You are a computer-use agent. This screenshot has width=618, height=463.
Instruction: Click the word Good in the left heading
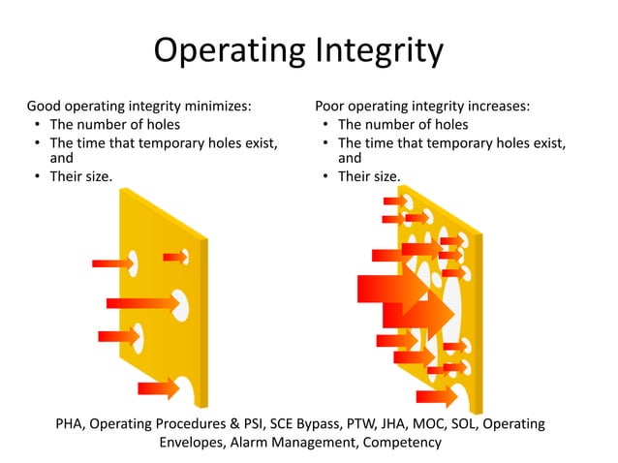tap(45, 106)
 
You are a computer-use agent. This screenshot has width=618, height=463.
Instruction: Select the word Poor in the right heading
tap(332, 106)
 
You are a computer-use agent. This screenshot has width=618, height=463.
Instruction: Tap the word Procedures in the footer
tap(199, 423)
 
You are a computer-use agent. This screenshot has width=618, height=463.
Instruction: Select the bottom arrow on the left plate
tap(158, 388)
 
